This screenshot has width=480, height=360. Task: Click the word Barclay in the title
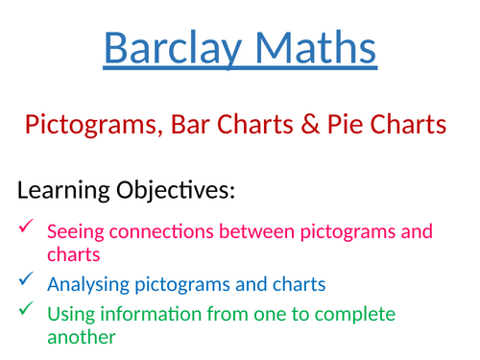[173, 49]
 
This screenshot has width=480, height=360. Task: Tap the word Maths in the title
[316, 47]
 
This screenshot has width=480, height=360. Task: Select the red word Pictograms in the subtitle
[94, 126]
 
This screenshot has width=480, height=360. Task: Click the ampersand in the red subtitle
[310, 124]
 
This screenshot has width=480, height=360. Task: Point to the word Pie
[345, 124]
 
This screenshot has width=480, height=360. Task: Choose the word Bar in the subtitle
[190, 124]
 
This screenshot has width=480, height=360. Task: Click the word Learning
[63, 191]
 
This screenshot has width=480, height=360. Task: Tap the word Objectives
[176, 191]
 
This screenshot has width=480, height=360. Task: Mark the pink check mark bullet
[26, 226]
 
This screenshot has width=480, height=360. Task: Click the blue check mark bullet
[26, 278]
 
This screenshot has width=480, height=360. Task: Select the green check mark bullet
[26, 308]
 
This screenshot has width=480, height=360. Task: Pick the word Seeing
[76, 232]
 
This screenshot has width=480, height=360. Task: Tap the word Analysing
[88, 285]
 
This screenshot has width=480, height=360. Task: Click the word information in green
[151, 314]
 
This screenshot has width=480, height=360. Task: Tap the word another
[82, 337]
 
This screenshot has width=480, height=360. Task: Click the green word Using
[71, 315]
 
